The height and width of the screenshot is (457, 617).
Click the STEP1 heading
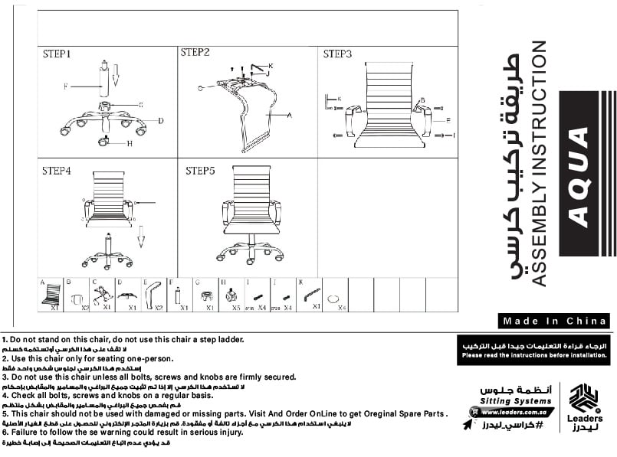pos(57,55)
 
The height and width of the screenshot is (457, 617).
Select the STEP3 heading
pos(337,54)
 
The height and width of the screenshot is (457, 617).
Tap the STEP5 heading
pos(200,171)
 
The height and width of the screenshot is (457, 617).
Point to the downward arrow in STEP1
pos(116,74)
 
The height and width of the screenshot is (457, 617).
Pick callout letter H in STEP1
pos(130,143)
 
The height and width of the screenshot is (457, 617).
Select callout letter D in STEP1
pos(161,120)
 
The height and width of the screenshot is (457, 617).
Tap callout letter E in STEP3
pos(448,121)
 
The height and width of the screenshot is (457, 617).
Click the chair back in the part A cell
pos(51,294)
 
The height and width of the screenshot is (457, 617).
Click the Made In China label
pos(554,322)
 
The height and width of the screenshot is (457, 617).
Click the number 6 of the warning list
pos(5,433)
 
